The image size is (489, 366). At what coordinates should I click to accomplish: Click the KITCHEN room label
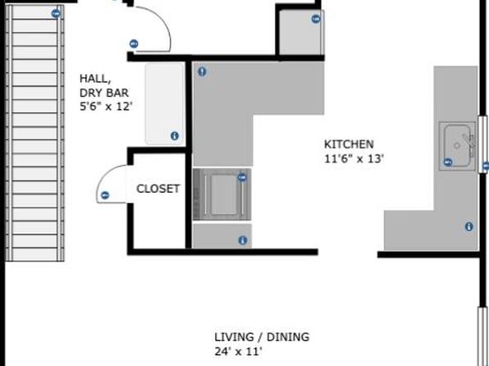pos(349,144)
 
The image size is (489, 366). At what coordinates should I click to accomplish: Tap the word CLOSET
pos(158,189)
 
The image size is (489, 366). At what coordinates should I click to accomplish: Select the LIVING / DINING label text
pos(262,337)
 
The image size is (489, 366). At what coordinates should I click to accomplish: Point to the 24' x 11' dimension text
pos(238,352)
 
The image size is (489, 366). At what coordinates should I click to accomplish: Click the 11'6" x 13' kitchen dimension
pos(354,159)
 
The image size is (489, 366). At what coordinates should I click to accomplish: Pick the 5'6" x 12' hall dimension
pos(106,107)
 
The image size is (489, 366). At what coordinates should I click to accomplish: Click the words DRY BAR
pos(104,93)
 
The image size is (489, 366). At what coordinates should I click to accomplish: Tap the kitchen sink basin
pos(458,146)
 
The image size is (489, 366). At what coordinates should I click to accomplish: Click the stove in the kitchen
pos(222,194)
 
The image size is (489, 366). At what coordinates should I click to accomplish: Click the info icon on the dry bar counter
pos(175,135)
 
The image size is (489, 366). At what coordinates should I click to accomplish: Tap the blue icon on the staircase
pos(56,13)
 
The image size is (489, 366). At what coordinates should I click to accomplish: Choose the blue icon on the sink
pos(448,162)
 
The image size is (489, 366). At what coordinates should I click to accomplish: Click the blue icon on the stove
pos(242,177)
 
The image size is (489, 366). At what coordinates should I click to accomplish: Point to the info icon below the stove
pos(243,240)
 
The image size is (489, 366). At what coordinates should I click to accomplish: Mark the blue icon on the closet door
pos(105,195)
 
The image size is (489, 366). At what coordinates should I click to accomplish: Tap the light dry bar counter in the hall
pos(164,104)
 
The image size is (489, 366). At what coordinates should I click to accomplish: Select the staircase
pos(34,133)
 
